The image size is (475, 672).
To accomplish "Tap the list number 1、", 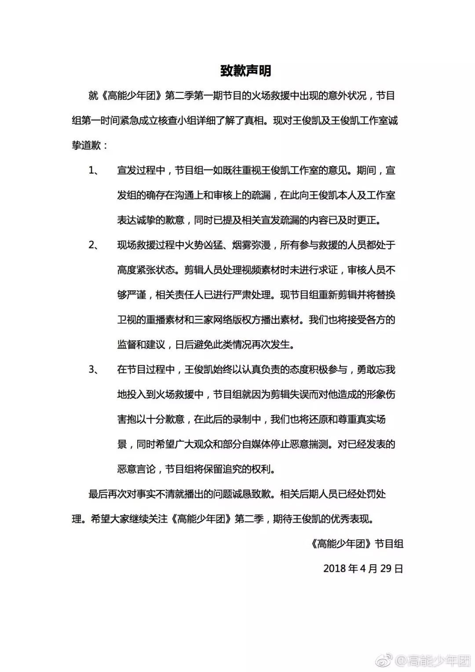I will click(x=95, y=170).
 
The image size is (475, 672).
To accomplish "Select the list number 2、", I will click(x=95, y=245).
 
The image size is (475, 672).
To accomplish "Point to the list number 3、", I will click(x=95, y=369).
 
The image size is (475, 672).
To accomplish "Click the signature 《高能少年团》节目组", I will click(x=357, y=544).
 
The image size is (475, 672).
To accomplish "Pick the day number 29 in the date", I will click(x=386, y=569).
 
